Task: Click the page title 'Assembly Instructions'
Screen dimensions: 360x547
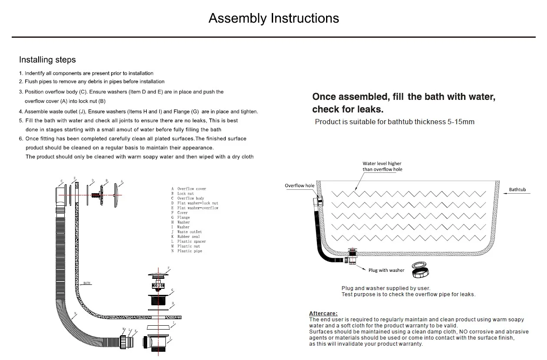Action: point(273,18)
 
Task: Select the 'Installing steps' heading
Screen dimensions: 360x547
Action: point(47,60)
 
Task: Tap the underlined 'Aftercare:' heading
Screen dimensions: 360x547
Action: point(323,314)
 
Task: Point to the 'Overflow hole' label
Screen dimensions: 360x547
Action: point(300,186)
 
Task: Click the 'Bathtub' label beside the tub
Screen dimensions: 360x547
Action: point(517,190)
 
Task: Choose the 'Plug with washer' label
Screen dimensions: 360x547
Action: point(386,271)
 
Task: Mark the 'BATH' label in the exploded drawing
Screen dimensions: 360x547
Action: point(87,283)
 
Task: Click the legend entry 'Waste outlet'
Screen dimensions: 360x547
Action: point(189,232)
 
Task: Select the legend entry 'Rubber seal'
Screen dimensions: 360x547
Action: point(188,237)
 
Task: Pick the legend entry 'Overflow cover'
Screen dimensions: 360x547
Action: point(191,189)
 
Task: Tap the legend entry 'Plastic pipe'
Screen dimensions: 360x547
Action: point(189,251)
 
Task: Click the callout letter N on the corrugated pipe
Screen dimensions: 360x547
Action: point(75,314)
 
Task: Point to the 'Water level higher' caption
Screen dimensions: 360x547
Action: point(382,164)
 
